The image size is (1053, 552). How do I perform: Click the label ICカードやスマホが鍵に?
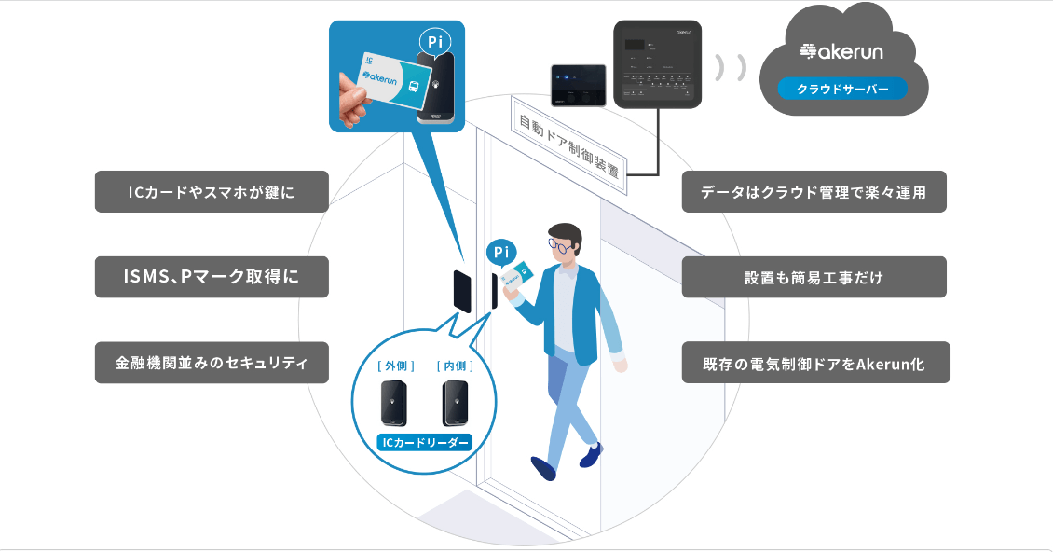point(212,191)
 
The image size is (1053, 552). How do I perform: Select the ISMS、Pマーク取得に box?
point(212,277)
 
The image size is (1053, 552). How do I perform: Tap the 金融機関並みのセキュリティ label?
point(212,362)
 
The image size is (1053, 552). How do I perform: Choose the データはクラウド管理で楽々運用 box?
point(814,191)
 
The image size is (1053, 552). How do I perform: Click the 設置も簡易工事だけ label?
point(814,277)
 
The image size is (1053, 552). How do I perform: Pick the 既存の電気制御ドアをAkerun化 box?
point(814,362)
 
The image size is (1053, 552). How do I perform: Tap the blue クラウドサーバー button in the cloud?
point(842,90)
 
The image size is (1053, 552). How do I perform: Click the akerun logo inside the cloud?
point(842,51)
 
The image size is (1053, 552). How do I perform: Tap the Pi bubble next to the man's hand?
point(500,252)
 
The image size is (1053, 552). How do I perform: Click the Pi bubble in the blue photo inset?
point(432,41)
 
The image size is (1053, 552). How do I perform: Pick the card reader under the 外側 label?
point(394,404)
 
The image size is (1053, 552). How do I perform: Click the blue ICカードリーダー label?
point(424,442)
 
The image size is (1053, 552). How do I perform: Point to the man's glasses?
point(560,245)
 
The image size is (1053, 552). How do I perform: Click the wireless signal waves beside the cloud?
point(732,68)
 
